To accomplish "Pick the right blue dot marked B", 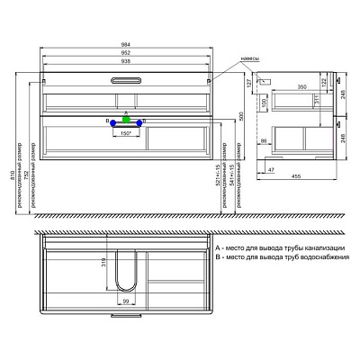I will (144, 120).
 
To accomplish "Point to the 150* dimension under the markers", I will (127, 132).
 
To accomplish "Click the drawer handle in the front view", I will (126, 83).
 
